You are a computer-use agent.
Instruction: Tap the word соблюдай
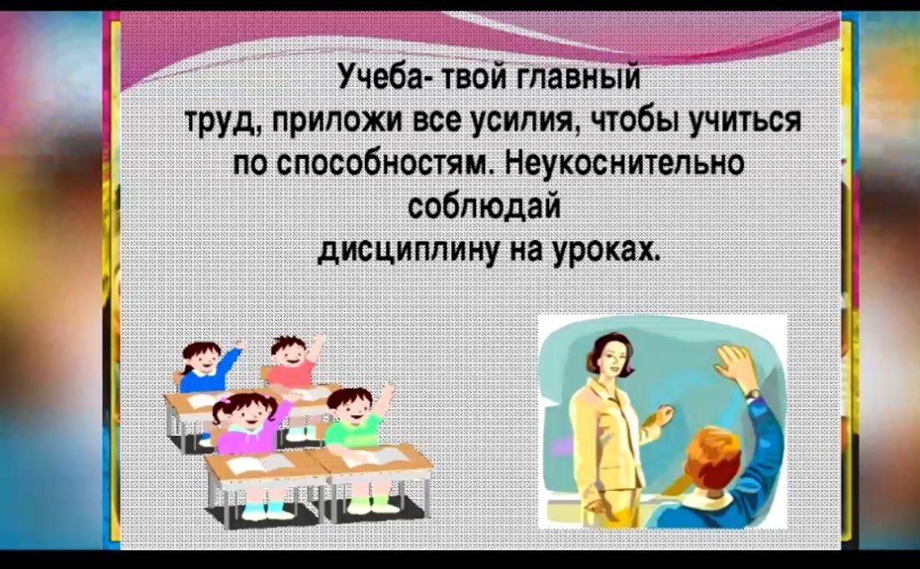pos(484,206)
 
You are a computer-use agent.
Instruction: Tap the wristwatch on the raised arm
pos(753,394)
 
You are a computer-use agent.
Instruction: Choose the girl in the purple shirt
pos(246,422)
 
